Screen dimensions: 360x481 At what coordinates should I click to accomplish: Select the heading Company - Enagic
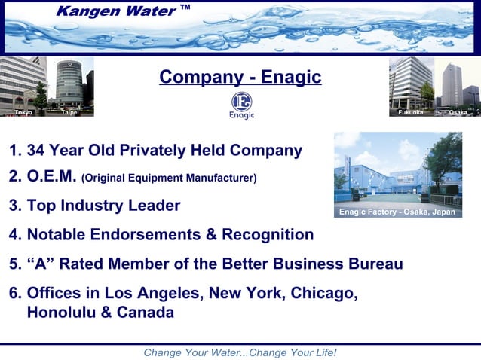(x=240, y=77)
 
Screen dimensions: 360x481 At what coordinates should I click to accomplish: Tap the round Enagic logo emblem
(x=241, y=102)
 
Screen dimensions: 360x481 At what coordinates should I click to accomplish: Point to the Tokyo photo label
(x=23, y=112)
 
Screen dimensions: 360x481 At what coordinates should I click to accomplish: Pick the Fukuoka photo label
(x=411, y=112)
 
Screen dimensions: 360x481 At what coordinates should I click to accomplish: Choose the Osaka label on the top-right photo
(x=457, y=112)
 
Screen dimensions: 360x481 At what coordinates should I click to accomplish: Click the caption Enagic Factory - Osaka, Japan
(x=397, y=212)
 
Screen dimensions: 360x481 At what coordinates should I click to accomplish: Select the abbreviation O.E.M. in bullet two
(x=51, y=177)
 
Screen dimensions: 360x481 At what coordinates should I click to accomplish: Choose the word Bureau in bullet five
(x=374, y=264)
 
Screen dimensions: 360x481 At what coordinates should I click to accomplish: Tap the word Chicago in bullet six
(x=323, y=292)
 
